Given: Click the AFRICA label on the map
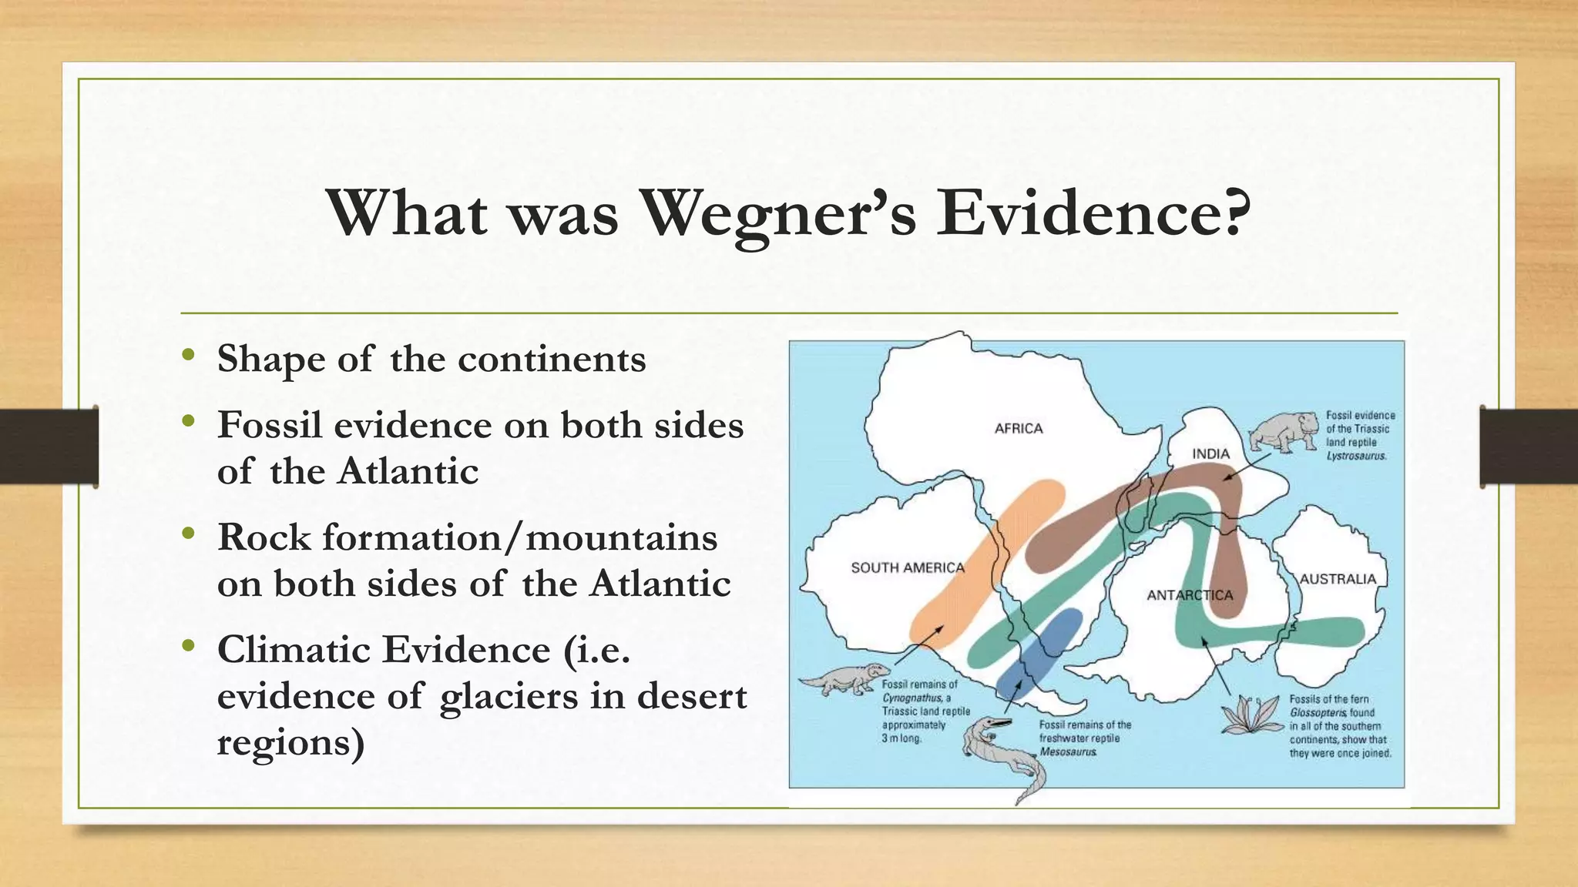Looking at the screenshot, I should [x=1018, y=429].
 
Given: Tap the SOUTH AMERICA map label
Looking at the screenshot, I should [x=907, y=567].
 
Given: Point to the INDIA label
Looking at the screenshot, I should [x=1210, y=454].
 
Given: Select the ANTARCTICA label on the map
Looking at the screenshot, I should [x=1190, y=595].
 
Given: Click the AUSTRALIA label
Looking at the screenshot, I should [x=1338, y=579].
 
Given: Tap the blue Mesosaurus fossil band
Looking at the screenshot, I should [x=1036, y=651].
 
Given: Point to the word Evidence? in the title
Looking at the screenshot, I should [x=1093, y=213].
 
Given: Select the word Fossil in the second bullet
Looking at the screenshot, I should [x=269, y=425].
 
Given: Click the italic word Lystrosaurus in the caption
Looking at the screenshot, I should [x=1356, y=456].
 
